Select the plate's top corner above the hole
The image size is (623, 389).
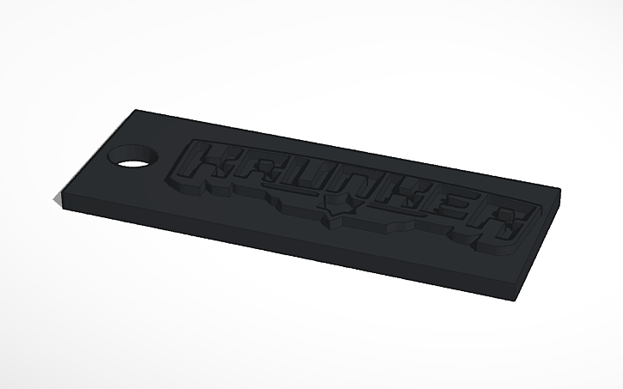pyautogui.click(x=137, y=110)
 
